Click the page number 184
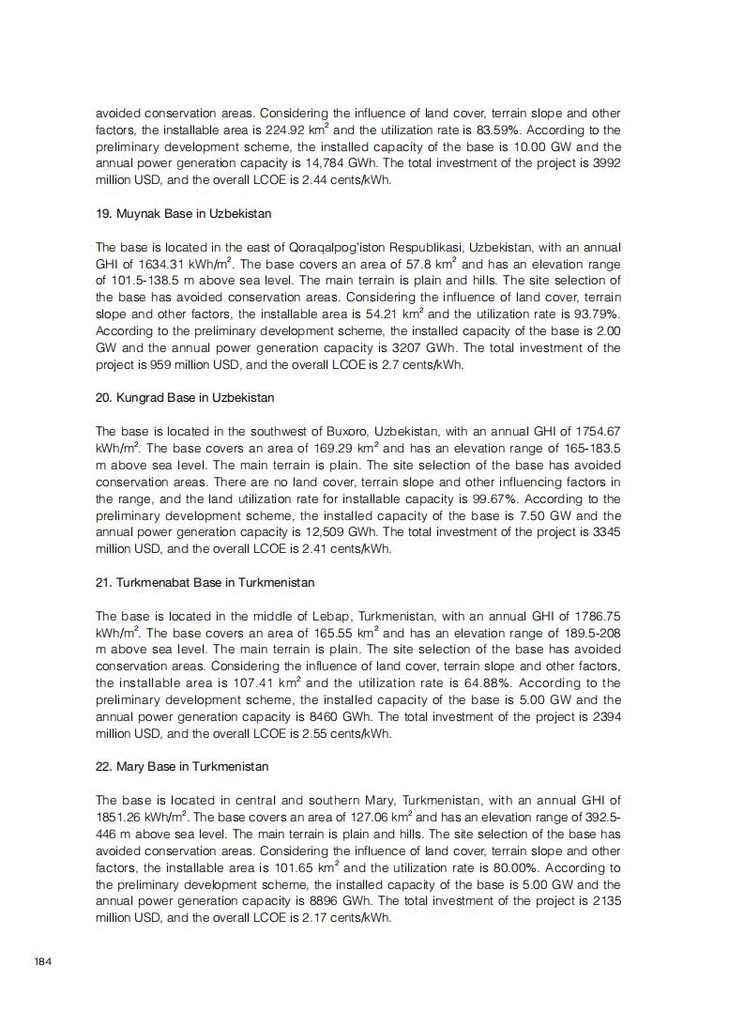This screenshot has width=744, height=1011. [41, 961]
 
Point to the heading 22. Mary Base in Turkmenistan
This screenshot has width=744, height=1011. [182, 766]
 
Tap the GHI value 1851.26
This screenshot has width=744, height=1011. [122, 818]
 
